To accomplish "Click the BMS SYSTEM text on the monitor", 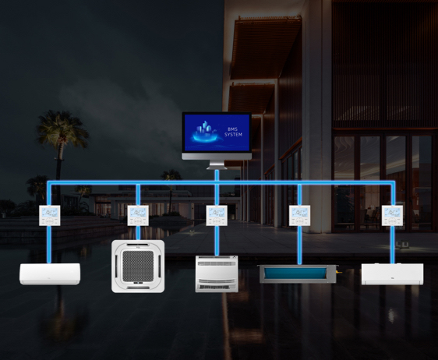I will (x=233, y=132).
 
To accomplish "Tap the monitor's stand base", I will (x=217, y=165).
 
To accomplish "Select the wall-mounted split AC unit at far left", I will (x=49, y=274).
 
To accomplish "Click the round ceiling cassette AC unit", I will (x=139, y=266).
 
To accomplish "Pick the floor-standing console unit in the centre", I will (x=217, y=274).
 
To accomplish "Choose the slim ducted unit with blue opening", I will (x=297, y=274).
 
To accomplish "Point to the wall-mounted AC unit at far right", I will (x=392, y=274).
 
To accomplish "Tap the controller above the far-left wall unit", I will (x=49, y=215).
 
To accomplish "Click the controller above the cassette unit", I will (x=138, y=215).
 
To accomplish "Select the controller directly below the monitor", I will (x=217, y=215).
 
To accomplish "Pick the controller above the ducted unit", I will (x=299, y=215).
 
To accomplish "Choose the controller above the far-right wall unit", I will (x=393, y=215).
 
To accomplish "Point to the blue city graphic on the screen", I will (x=205, y=131).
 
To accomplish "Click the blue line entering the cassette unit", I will (x=138, y=233).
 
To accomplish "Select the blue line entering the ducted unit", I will (x=299, y=245).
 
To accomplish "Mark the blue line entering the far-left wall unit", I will (x=49, y=245).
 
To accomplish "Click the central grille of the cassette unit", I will (x=139, y=266).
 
